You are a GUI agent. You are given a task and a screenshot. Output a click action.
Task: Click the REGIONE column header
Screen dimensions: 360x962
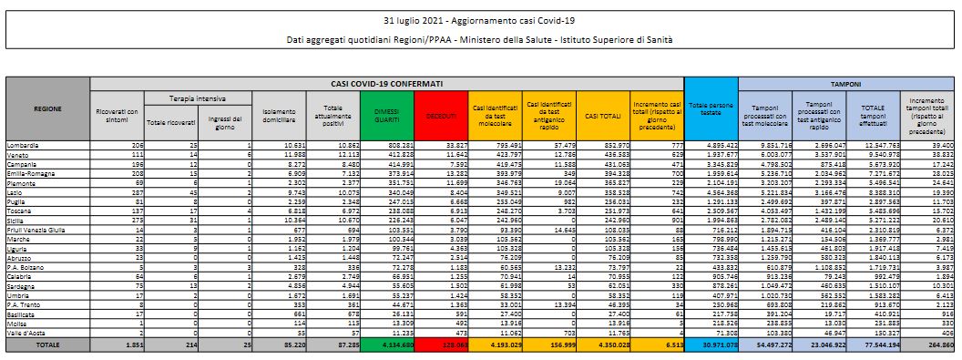[x=47, y=109]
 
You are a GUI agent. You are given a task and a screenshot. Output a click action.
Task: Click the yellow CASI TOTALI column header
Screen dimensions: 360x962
[x=602, y=115]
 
